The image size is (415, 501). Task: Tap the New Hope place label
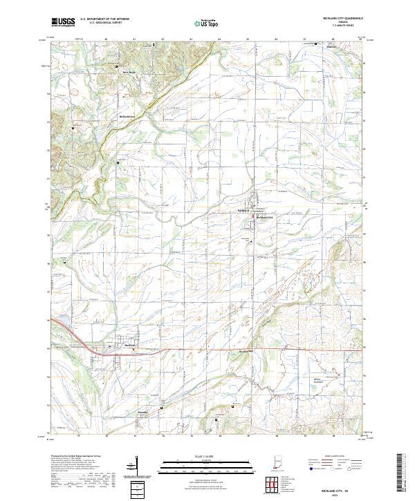[129, 72]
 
